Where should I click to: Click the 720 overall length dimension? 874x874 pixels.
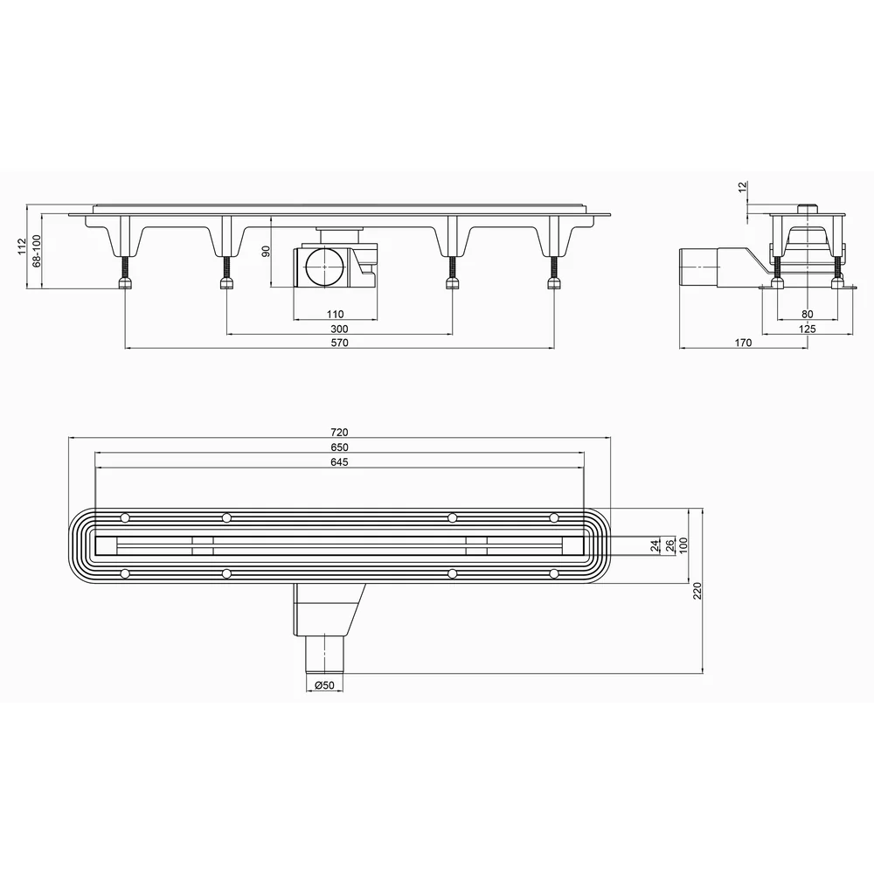[x=339, y=433]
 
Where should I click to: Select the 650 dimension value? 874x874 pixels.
[x=339, y=447]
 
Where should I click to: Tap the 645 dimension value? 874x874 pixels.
[x=339, y=462]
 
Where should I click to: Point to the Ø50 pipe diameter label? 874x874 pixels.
[x=324, y=685]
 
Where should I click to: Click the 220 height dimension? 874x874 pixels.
[x=697, y=590]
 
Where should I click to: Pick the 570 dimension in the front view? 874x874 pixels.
[x=339, y=343]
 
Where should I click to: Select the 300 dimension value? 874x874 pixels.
[x=339, y=329]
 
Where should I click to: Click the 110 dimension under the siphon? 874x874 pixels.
[x=335, y=315]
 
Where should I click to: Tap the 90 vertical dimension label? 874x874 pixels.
[x=266, y=252]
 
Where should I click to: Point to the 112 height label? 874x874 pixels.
[x=22, y=246]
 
